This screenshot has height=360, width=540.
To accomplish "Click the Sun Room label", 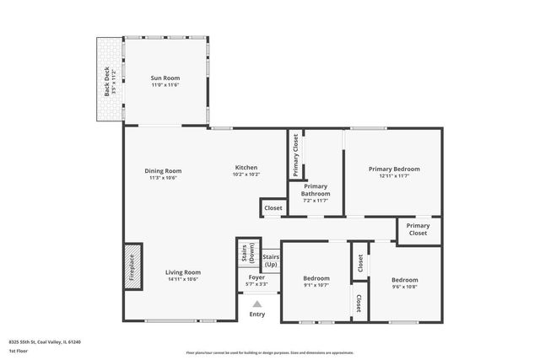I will tap(165, 78).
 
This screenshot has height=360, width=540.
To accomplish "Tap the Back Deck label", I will tap(107, 82).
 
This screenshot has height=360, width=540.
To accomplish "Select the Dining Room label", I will tap(162, 170).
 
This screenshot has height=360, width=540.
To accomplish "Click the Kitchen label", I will tap(246, 167).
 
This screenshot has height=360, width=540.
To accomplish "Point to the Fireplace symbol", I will tap(132, 267).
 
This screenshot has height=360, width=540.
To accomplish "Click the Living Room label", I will tap(182, 272).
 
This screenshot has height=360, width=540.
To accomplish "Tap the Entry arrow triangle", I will tap(257, 304).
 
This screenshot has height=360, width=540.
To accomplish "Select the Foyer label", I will tap(256, 277).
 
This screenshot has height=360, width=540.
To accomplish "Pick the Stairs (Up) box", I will tap(271, 260).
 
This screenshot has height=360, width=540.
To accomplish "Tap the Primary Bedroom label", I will tap(393, 169).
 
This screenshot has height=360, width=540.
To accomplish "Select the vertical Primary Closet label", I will tap(296, 154).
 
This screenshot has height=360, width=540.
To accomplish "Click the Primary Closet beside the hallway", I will tap(418, 229).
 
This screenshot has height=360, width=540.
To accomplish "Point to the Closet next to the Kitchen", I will tap(273, 207).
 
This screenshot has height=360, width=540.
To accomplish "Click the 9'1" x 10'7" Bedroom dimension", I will tap(316, 286).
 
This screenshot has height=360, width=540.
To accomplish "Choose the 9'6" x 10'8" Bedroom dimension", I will tap(404, 287).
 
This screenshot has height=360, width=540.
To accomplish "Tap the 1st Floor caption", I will tap(17, 351).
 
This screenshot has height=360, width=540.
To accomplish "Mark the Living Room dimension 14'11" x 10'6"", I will tap(182, 279).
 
